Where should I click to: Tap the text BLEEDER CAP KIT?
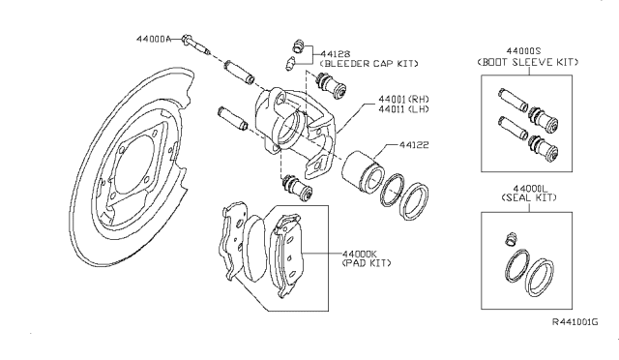coord(368,63)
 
